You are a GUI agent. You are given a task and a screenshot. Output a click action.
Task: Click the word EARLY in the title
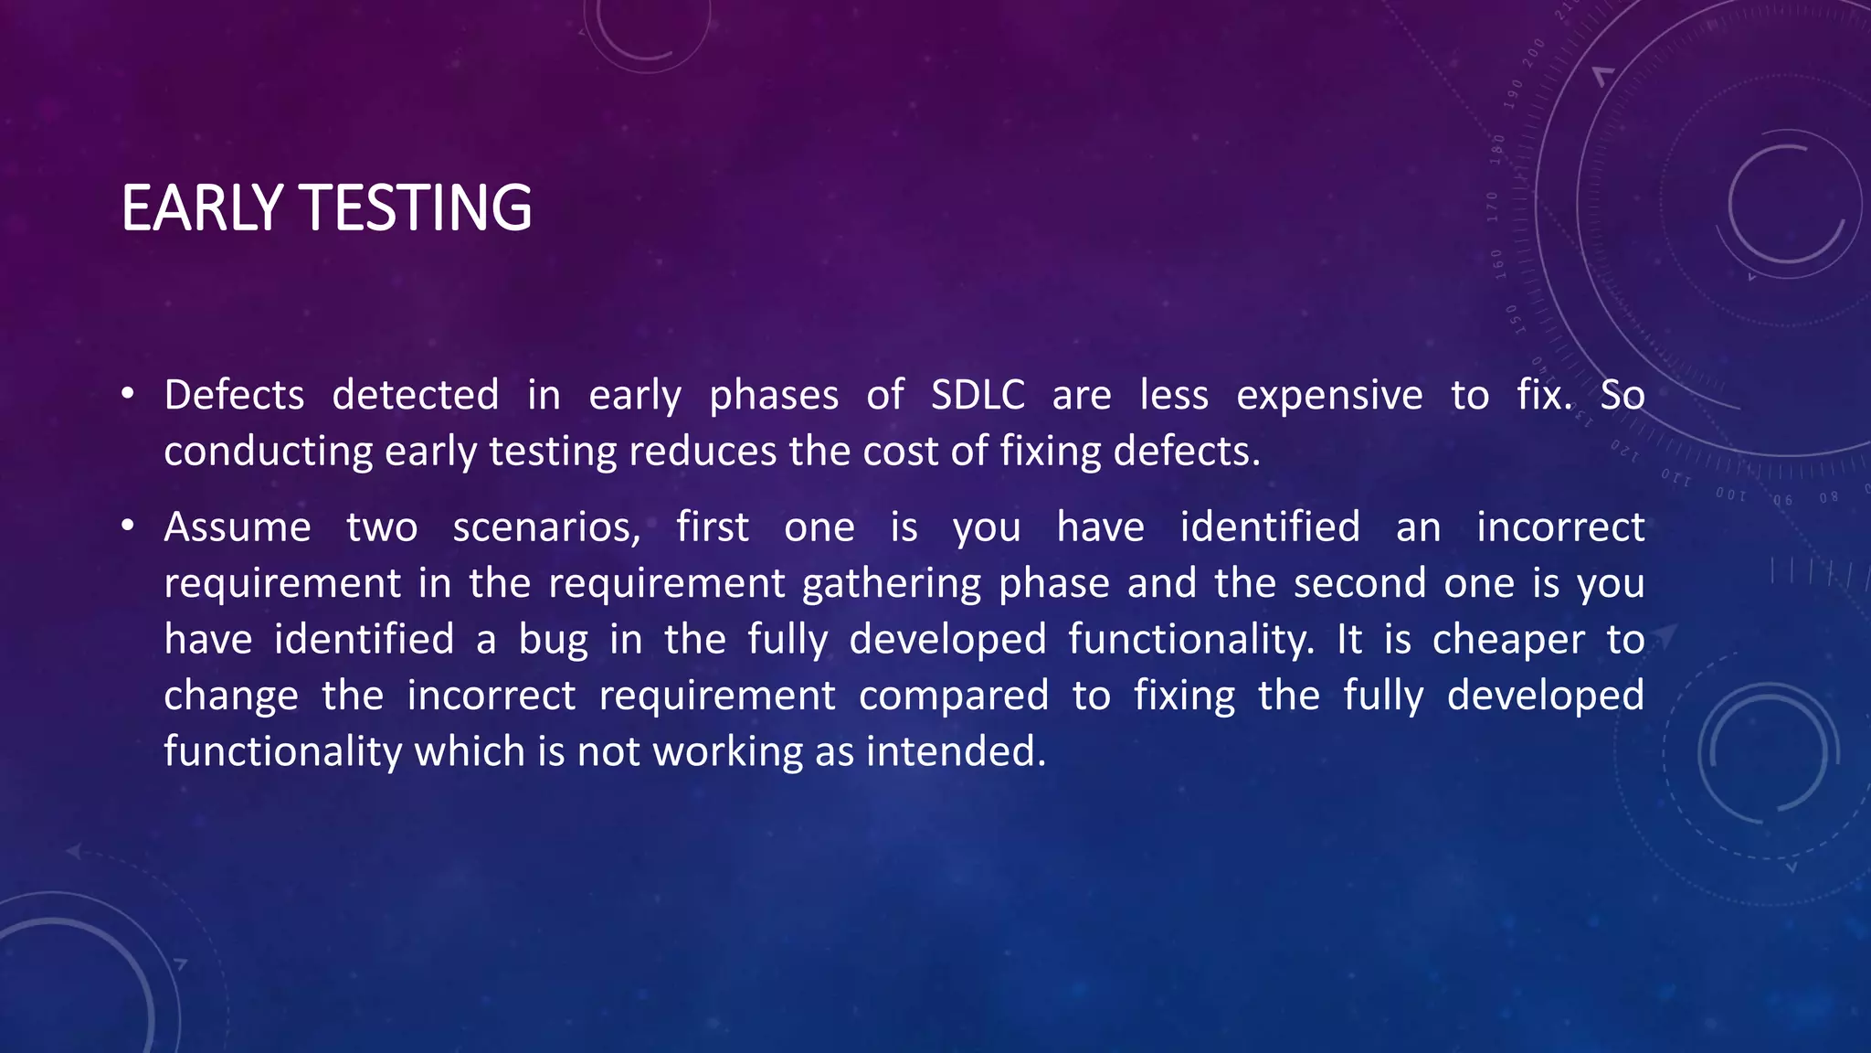pyautogui.click(x=202, y=208)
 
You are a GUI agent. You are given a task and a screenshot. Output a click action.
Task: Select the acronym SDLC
pyautogui.click(x=978, y=396)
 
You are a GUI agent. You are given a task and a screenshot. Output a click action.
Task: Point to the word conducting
pyautogui.click(x=268, y=452)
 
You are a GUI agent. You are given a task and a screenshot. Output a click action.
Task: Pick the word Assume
pyautogui.click(x=238, y=527)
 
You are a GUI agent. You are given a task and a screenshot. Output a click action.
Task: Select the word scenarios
pyautogui.click(x=546, y=528)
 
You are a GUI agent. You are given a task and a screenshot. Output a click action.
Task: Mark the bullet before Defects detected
pyautogui.click(x=128, y=395)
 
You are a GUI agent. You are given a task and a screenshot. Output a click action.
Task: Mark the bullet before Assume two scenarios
pyautogui.click(x=128, y=526)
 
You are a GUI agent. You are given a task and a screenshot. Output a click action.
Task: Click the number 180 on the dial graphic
pyautogui.click(x=1497, y=148)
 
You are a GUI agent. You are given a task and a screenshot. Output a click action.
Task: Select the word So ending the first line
pyautogui.click(x=1622, y=396)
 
